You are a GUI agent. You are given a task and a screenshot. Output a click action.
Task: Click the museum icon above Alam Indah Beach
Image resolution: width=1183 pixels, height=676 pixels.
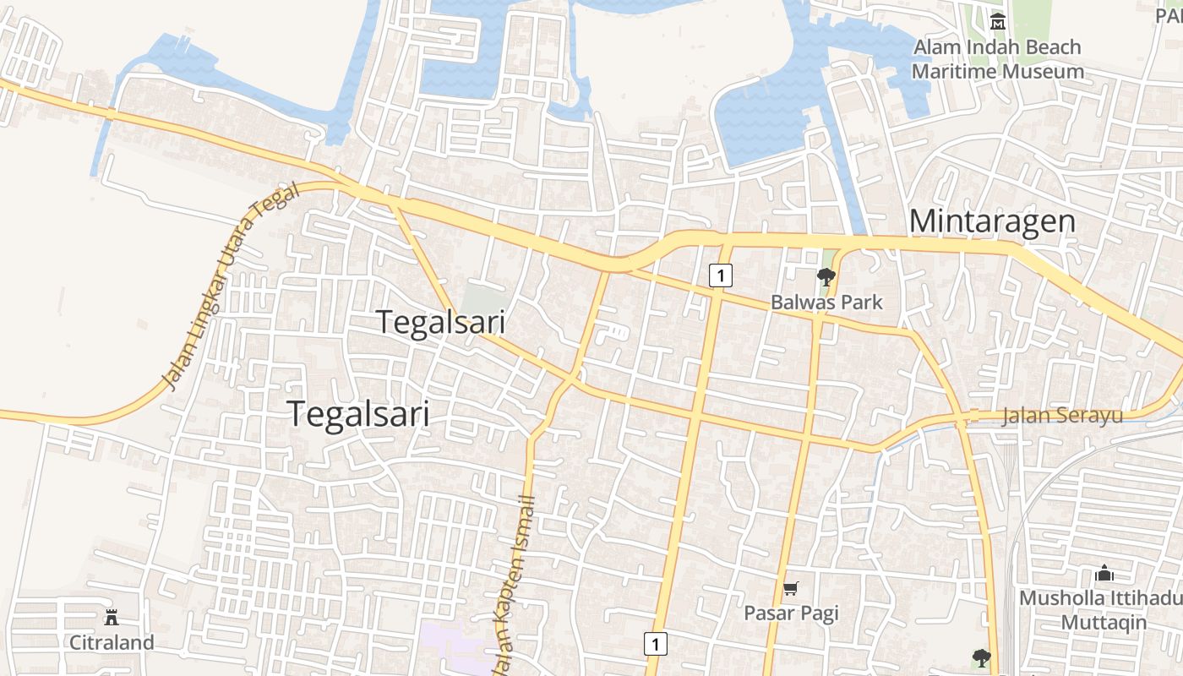pyautogui.click(x=998, y=21)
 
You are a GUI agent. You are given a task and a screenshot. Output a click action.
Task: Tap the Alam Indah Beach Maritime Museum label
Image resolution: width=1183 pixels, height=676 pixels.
pyautogui.click(x=997, y=59)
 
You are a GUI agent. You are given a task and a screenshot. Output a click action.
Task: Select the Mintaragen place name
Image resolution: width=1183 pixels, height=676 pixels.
pyautogui.click(x=992, y=221)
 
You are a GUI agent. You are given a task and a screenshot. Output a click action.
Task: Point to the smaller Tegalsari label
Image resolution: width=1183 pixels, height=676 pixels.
pyautogui.click(x=440, y=323)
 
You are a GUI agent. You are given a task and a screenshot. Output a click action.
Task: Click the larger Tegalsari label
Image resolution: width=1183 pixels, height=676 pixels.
pyautogui.click(x=358, y=414)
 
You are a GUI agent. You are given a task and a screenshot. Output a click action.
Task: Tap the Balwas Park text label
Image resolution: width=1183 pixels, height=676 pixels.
pyautogui.click(x=826, y=302)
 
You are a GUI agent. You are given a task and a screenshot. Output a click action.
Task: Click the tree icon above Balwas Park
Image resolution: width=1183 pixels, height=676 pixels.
pyautogui.click(x=826, y=276)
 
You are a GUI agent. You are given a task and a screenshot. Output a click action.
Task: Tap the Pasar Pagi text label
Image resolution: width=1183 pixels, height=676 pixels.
pyautogui.click(x=791, y=613)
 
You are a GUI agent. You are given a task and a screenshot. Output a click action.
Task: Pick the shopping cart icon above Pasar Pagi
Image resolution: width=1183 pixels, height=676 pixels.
pyautogui.click(x=791, y=589)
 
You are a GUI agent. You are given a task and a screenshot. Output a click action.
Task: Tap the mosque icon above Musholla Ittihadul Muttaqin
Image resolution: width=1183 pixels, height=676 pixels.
pyautogui.click(x=1104, y=575)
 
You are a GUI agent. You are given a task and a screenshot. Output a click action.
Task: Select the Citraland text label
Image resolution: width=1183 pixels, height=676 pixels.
pyautogui.click(x=112, y=642)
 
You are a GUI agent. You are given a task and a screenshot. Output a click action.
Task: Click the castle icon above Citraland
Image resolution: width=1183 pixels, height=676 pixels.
pyautogui.click(x=112, y=618)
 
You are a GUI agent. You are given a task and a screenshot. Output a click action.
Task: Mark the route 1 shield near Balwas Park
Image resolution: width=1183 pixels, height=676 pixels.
pyautogui.click(x=720, y=275)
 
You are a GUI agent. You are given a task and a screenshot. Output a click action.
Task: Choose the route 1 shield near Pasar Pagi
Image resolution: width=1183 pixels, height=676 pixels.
pyautogui.click(x=655, y=643)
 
